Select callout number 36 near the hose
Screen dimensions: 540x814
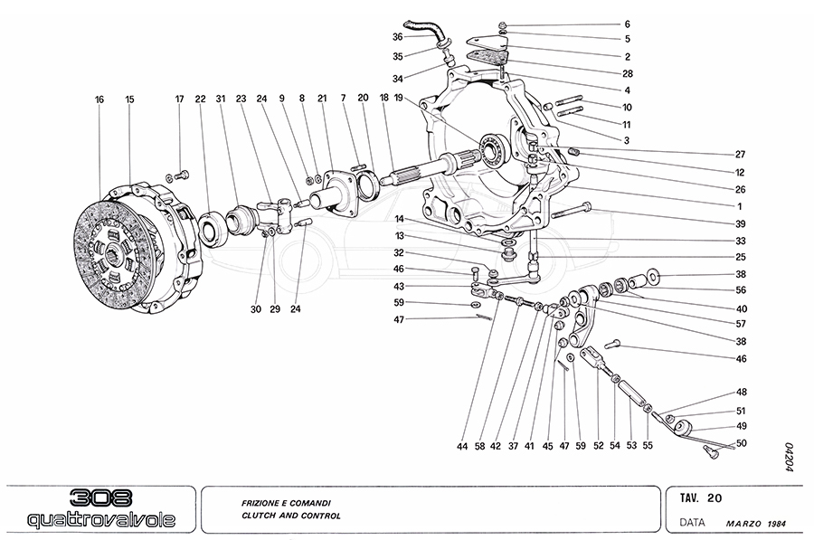click(x=397, y=37)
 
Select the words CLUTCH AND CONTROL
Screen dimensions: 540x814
click(x=290, y=516)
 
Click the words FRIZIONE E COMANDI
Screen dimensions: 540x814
click(x=285, y=500)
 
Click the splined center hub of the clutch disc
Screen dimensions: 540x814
click(x=116, y=253)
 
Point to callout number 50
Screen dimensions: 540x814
click(x=741, y=442)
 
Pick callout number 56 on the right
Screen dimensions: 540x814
click(x=741, y=290)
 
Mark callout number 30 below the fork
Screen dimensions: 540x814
click(x=255, y=309)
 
